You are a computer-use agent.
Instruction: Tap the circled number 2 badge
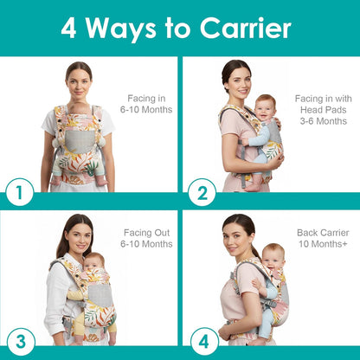click(201, 192)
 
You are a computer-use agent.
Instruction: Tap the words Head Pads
click(321, 109)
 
